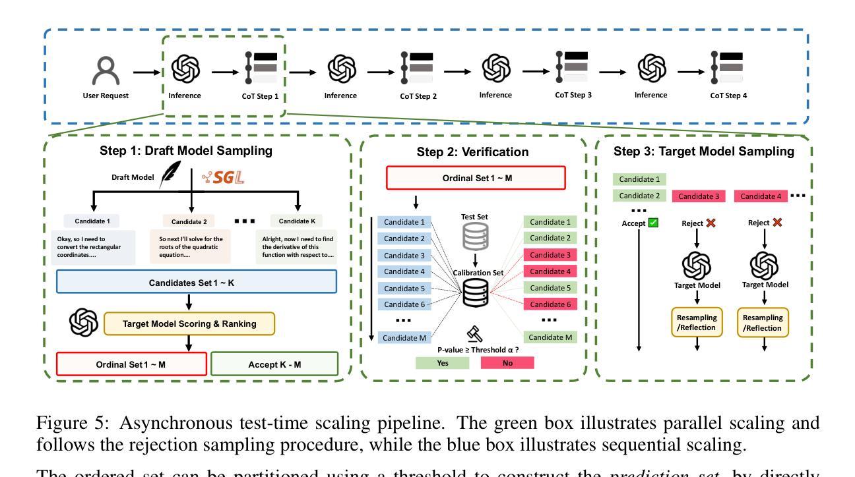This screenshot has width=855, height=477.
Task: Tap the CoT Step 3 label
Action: click(x=573, y=95)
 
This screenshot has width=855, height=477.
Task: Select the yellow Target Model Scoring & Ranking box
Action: click(x=189, y=323)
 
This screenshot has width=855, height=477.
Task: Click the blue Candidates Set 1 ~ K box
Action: click(x=197, y=282)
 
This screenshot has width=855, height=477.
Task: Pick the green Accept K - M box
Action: click(x=274, y=363)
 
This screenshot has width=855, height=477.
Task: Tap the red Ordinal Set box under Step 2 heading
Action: click(x=476, y=178)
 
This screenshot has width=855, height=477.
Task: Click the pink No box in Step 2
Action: click(x=507, y=363)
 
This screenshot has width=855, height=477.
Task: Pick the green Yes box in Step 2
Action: click(x=443, y=363)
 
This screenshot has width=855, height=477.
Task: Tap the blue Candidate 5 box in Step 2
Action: click(x=404, y=288)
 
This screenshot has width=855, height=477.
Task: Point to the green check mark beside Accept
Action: click(x=654, y=223)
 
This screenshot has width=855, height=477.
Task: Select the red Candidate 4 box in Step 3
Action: click(x=765, y=196)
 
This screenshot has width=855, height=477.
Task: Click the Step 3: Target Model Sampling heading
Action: click(x=704, y=152)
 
